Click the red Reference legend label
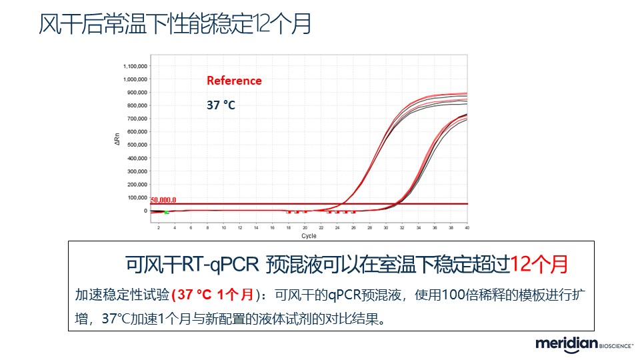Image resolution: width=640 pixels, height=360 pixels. [234, 81]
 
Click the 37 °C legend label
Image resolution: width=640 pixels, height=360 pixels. [220, 105]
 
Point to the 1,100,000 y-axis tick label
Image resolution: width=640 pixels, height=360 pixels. [135, 67]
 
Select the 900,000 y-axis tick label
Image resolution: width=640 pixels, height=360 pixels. [137, 93]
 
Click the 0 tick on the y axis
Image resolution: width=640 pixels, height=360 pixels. [145, 211]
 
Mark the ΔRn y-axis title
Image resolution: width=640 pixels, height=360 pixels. [117, 139]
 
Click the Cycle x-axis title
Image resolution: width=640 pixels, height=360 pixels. [309, 236]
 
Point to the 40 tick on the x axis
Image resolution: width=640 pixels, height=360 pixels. [467, 228]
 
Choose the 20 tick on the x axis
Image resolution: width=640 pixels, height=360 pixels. [305, 228]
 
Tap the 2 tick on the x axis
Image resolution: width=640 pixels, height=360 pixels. [159, 228]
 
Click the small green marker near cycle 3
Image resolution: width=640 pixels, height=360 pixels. [166, 211]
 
